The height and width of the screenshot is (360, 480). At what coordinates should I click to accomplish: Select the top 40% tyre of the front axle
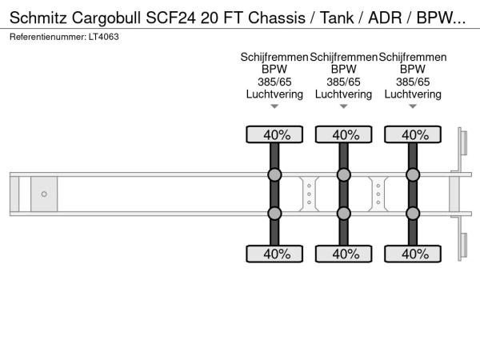tap(274, 134)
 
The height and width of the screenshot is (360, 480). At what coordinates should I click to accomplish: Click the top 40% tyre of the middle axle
tap(344, 134)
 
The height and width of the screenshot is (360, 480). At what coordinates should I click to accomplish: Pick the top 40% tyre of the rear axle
tap(413, 134)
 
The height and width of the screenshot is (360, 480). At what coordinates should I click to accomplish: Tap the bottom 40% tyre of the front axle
tap(274, 254)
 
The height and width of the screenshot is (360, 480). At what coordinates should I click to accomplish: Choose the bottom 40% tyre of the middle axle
tap(344, 254)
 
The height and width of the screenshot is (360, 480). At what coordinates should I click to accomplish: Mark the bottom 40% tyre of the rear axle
tap(413, 254)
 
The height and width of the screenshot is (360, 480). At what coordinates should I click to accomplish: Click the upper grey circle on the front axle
tap(274, 175)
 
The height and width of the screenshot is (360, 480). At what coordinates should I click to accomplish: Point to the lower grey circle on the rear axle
tap(413, 213)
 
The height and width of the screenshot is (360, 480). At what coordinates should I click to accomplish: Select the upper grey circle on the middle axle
tap(344, 175)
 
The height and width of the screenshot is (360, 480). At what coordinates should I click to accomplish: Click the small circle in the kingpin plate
tap(44, 194)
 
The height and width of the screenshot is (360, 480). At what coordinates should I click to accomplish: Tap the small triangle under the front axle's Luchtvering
tap(274, 106)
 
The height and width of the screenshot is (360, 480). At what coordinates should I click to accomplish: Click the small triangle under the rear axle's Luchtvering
tap(413, 106)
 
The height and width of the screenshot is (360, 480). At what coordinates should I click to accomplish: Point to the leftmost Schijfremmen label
tap(274, 58)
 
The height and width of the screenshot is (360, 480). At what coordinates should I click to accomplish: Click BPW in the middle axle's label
tap(344, 70)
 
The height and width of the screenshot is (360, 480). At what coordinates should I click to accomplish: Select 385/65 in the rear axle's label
tap(413, 82)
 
